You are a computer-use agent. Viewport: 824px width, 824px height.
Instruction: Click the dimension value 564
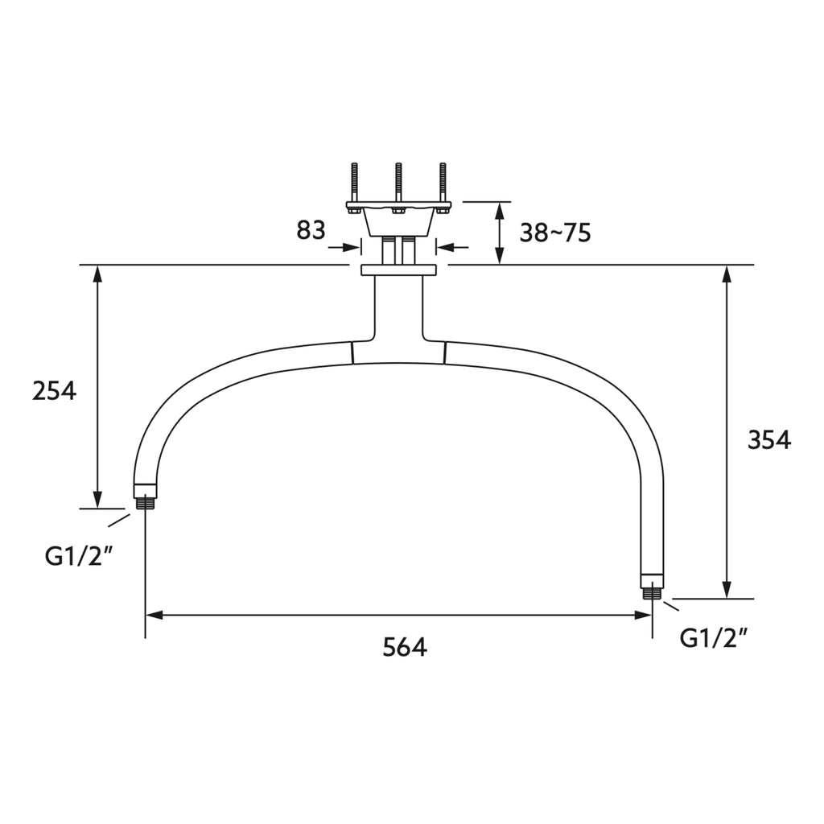pos(405,647)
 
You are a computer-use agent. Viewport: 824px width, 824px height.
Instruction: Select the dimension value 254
pos(54,391)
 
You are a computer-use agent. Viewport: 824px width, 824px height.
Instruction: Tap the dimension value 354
pos(769,440)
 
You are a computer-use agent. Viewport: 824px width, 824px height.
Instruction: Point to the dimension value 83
pos(311,230)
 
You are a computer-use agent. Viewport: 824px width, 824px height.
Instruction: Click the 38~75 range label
pos(555,233)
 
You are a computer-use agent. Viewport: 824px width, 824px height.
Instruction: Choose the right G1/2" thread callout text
pos(715,638)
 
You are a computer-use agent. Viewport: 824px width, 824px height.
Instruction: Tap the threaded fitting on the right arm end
pos(652,593)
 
